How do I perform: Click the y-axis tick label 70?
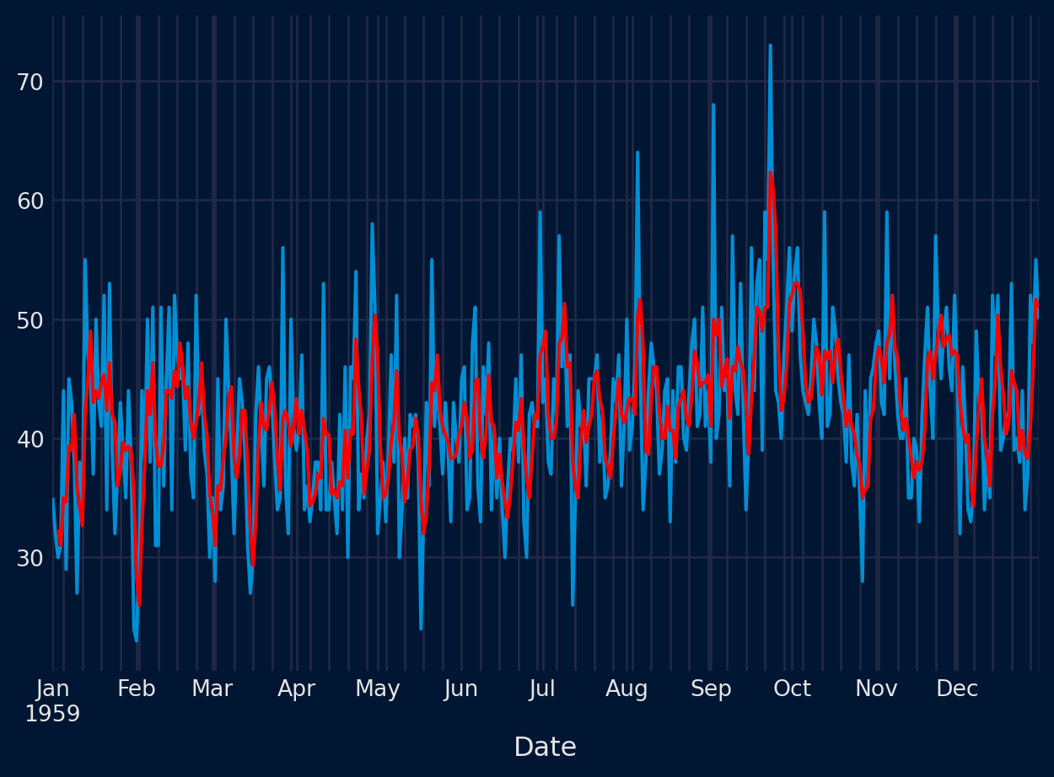(30, 82)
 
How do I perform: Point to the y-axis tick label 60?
(30, 201)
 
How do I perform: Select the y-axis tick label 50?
(30, 320)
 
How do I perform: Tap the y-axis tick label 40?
(30, 439)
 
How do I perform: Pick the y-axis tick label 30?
(30, 558)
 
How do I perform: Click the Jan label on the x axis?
(52, 689)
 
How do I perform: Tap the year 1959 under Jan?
(52, 715)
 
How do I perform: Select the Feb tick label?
(137, 689)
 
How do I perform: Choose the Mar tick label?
(212, 689)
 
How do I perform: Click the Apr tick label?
(296, 689)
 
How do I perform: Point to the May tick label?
(377, 689)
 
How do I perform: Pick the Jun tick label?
(460, 689)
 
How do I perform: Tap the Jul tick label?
(542, 689)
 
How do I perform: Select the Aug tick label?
(626, 689)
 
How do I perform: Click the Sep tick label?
(711, 689)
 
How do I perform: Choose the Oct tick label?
(792, 689)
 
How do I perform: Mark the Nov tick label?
(876, 689)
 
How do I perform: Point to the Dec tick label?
(957, 689)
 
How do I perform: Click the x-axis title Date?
(545, 748)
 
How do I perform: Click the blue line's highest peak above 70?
(770, 46)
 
